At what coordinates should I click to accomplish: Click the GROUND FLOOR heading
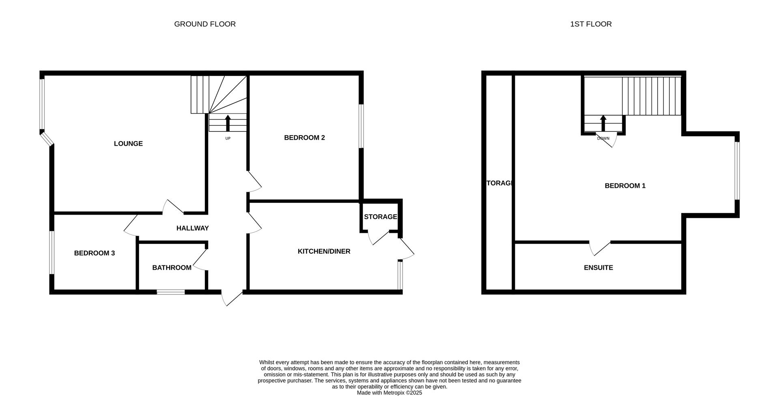point(205,24)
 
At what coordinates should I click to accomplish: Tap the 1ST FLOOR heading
point(591,24)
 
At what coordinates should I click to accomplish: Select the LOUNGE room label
point(128,144)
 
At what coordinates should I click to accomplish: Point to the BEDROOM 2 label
point(304,138)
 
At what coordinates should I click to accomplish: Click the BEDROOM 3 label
point(95,253)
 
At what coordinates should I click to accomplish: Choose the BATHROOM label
point(172,268)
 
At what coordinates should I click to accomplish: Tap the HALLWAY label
point(192,228)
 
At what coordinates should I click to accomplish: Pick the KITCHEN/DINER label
point(324,252)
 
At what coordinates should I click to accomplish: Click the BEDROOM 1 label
point(625,186)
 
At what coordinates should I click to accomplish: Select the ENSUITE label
point(598,268)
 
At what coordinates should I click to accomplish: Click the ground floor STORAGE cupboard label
point(380,217)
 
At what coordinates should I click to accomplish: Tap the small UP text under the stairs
point(228,139)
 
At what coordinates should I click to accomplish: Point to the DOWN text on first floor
point(603,139)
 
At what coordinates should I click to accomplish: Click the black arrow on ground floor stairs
point(228,123)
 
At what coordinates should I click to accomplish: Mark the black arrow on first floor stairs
point(603,123)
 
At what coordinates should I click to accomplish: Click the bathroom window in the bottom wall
point(171,292)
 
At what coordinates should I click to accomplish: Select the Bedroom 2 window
point(361,127)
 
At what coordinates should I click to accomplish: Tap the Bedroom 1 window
point(737,170)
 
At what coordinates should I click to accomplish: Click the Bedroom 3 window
point(52,252)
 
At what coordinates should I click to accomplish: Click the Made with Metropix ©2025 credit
point(389,393)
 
